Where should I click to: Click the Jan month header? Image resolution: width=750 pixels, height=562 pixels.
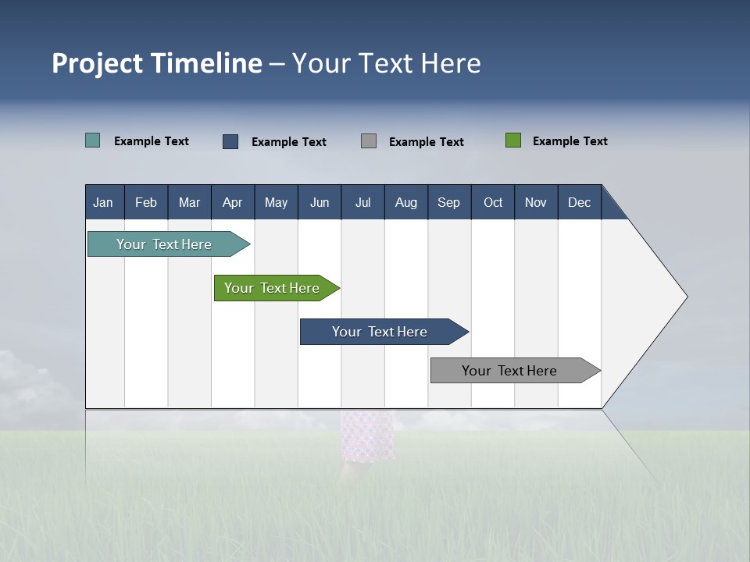[104, 202]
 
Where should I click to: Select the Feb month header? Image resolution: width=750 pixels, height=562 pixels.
[146, 202]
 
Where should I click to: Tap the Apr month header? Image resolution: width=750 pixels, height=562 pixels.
[233, 202]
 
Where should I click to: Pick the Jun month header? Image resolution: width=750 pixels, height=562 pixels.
[320, 202]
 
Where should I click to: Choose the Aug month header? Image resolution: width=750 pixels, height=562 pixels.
[406, 202]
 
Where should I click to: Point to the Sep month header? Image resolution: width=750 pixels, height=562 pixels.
[449, 202]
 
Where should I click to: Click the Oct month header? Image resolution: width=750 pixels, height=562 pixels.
[493, 202]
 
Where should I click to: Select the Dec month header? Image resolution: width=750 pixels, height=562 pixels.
[580, 202]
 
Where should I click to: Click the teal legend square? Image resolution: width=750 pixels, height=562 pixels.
[93, 140]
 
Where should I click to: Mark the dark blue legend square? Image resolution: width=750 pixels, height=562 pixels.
[230, 141]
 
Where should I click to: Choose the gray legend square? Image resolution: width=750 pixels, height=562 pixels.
[369, 141]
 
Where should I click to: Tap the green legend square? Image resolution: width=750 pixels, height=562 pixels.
[513, 140]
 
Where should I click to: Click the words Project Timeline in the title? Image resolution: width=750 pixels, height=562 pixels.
[157, 63]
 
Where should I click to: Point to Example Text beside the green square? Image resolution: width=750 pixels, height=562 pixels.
[570, 141]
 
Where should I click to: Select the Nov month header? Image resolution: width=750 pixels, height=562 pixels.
[536, 202]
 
